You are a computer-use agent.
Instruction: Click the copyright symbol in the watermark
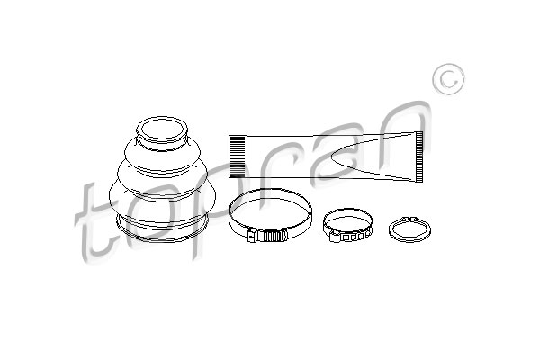448,79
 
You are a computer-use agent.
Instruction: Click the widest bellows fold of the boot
162,195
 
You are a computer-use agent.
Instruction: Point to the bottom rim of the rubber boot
162,231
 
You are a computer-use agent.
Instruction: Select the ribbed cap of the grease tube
238,157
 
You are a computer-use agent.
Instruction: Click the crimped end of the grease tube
418,157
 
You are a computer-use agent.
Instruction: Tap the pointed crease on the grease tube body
372,157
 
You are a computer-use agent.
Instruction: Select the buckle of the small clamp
346,237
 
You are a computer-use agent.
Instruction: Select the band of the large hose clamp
270,190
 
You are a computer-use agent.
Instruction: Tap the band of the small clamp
347,210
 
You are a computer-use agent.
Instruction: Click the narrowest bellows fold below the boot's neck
162,151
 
